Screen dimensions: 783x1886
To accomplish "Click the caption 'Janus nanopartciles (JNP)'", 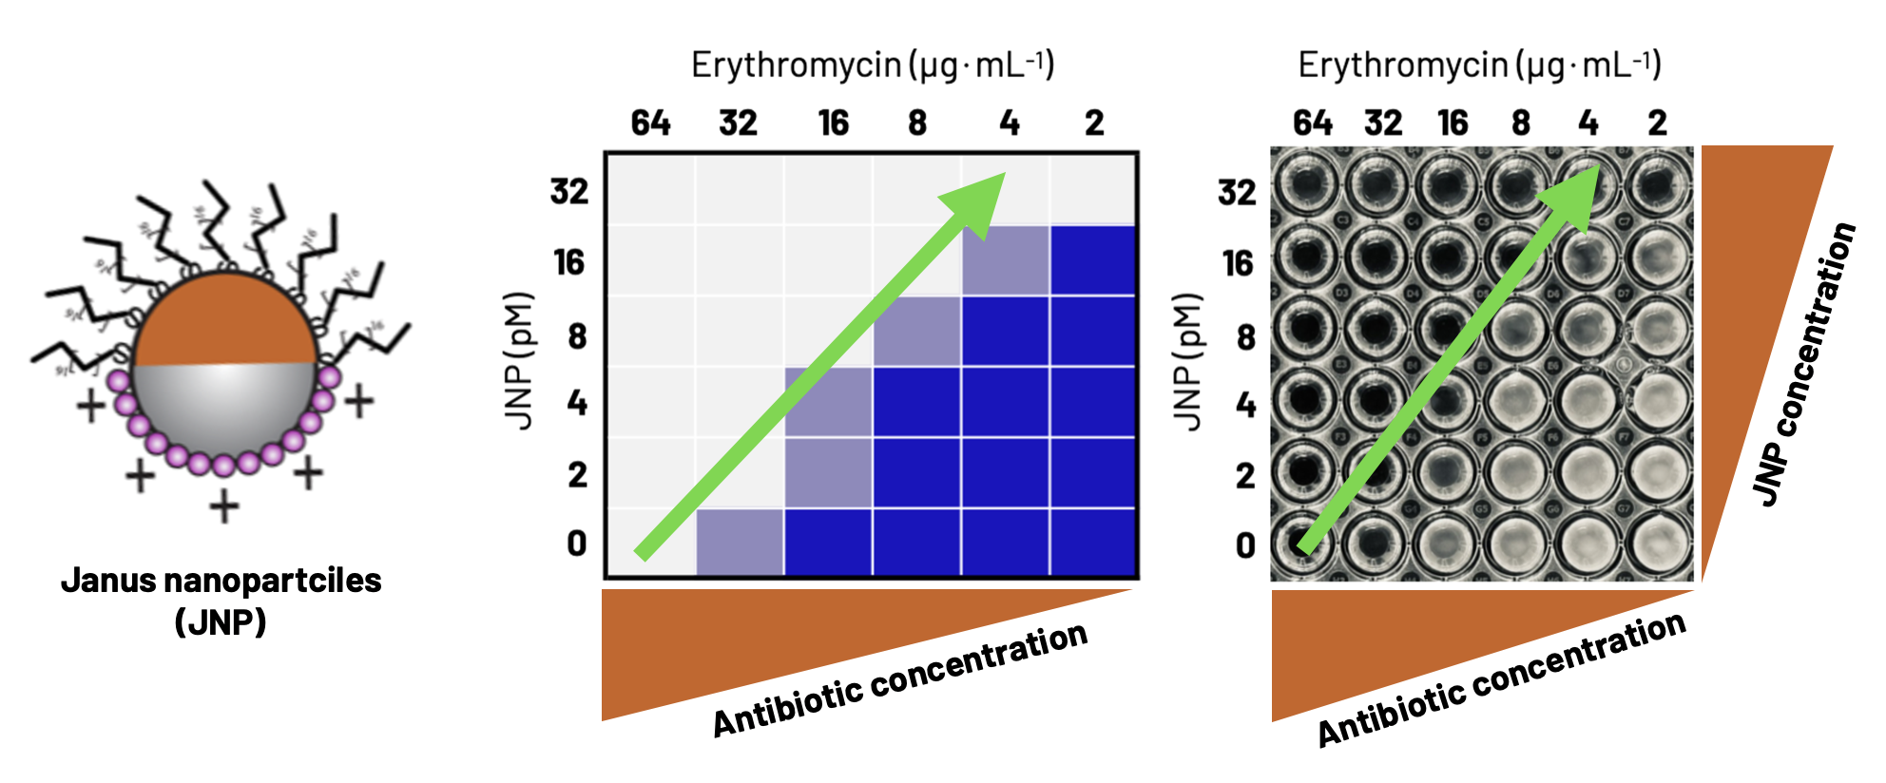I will tap(221, 601).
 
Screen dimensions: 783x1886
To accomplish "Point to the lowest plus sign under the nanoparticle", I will tap(224, 506).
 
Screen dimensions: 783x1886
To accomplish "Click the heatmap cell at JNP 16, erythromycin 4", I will tap(1006, 260).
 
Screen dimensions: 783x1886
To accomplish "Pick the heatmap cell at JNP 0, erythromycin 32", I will tap(740, 543).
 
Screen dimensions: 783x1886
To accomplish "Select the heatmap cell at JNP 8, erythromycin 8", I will tap(917, 332).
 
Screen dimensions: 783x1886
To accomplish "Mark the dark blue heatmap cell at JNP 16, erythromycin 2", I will tap(1094, 260).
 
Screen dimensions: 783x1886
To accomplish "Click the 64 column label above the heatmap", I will tap(650, 123).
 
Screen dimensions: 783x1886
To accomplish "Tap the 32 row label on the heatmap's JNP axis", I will tap(569, 191).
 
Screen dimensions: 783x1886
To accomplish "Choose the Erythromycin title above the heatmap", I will tap(873, 65).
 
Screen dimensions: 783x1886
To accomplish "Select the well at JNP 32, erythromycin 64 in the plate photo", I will tap(1306, 183).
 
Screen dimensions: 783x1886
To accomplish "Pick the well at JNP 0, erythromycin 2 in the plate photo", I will tap(1659, 544).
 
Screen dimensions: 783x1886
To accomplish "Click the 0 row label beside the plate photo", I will tap(1245, 545).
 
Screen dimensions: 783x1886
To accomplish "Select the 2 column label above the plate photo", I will tap(1657, 123).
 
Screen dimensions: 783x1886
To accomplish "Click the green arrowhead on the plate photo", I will tap(1575, 189).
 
